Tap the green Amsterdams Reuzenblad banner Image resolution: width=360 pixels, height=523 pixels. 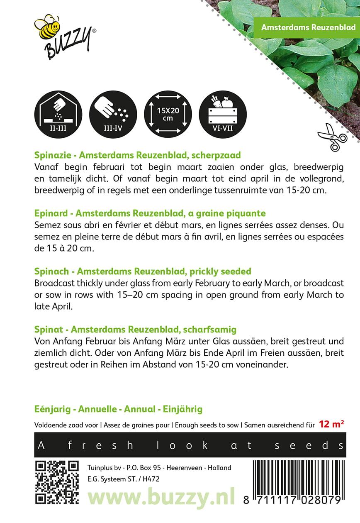point(308,27)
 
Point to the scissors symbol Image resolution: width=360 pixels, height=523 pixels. point(332,137)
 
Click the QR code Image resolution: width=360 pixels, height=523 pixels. point(57,482)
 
